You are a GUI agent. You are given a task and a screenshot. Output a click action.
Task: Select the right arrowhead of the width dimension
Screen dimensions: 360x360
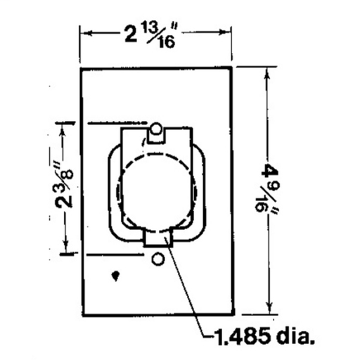pos(229,32)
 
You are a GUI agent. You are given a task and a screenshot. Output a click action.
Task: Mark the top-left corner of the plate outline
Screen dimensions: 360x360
pos(81,68)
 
